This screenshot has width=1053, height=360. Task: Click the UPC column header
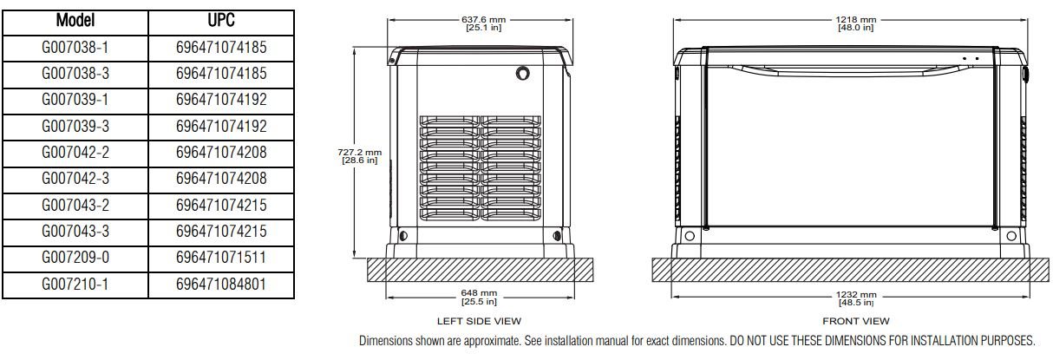220,20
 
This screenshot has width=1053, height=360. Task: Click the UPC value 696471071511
220,258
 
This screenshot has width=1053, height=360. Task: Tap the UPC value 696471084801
220,284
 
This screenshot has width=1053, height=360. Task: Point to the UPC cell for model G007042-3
220,179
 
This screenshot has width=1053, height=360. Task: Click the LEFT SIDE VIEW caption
479,322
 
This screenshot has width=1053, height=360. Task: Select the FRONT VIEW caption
854,322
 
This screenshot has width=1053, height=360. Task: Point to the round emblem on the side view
525,72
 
